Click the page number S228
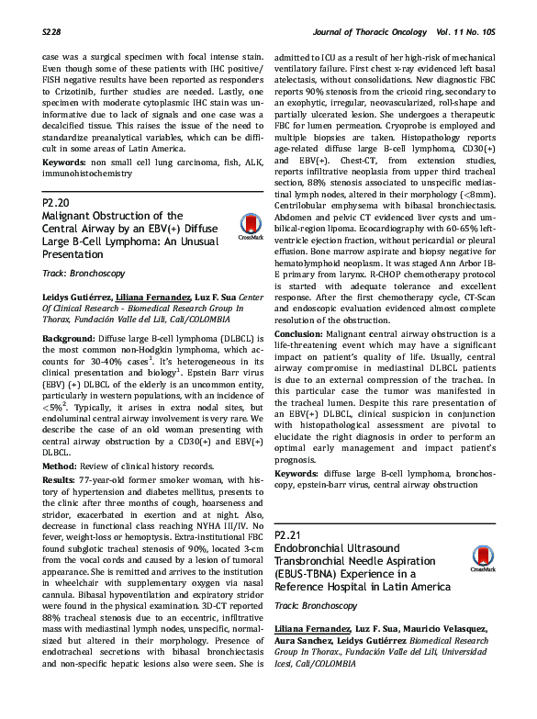pyautogui.click(x=52, y=32)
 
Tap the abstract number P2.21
pyautogui.click(x=289, y=534)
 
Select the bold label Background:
pyautogui.click(x=69, y=339)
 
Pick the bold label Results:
pyautogui.click(x=62, y=481)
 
